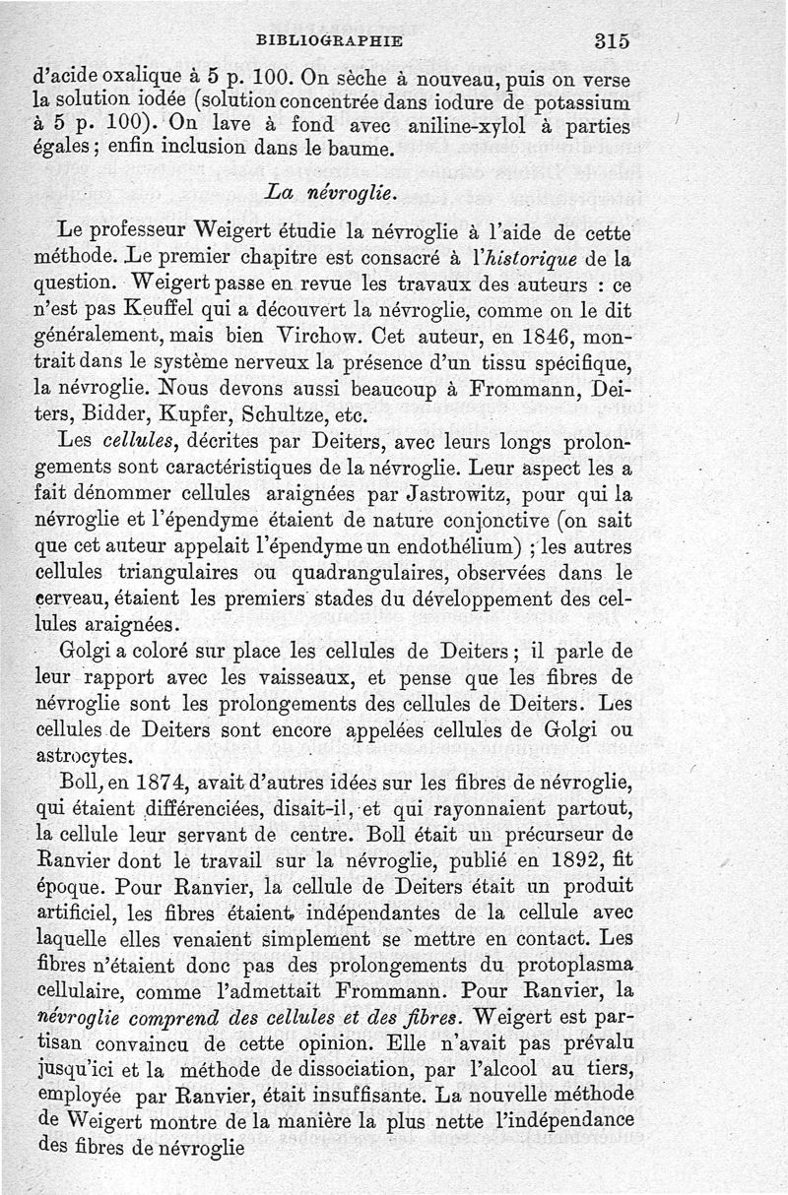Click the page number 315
611,41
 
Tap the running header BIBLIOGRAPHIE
328,41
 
